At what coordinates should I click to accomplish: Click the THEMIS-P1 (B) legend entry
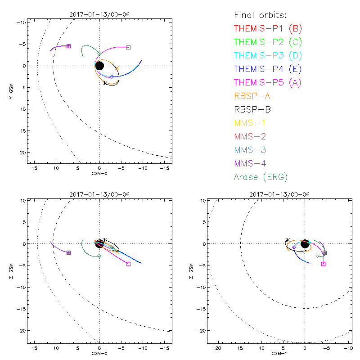tap(268, 29)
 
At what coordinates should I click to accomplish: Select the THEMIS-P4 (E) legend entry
tap(268, 69)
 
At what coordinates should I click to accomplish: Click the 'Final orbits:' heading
tap(259, 15)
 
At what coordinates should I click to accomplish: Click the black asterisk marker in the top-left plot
tap(105, 83)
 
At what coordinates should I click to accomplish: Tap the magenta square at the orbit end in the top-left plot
tap(128, 47)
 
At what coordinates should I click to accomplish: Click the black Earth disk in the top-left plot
tap(100, 66)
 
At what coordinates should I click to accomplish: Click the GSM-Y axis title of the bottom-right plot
tap(278, 354)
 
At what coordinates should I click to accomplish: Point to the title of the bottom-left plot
tap(99, 194)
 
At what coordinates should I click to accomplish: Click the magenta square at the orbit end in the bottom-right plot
tap(323, 264)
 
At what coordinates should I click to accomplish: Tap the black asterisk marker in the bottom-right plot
tap(288, 240)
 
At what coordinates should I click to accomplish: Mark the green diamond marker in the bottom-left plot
tap(99, 256)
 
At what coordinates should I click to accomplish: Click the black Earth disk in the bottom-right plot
tap(305, 244)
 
